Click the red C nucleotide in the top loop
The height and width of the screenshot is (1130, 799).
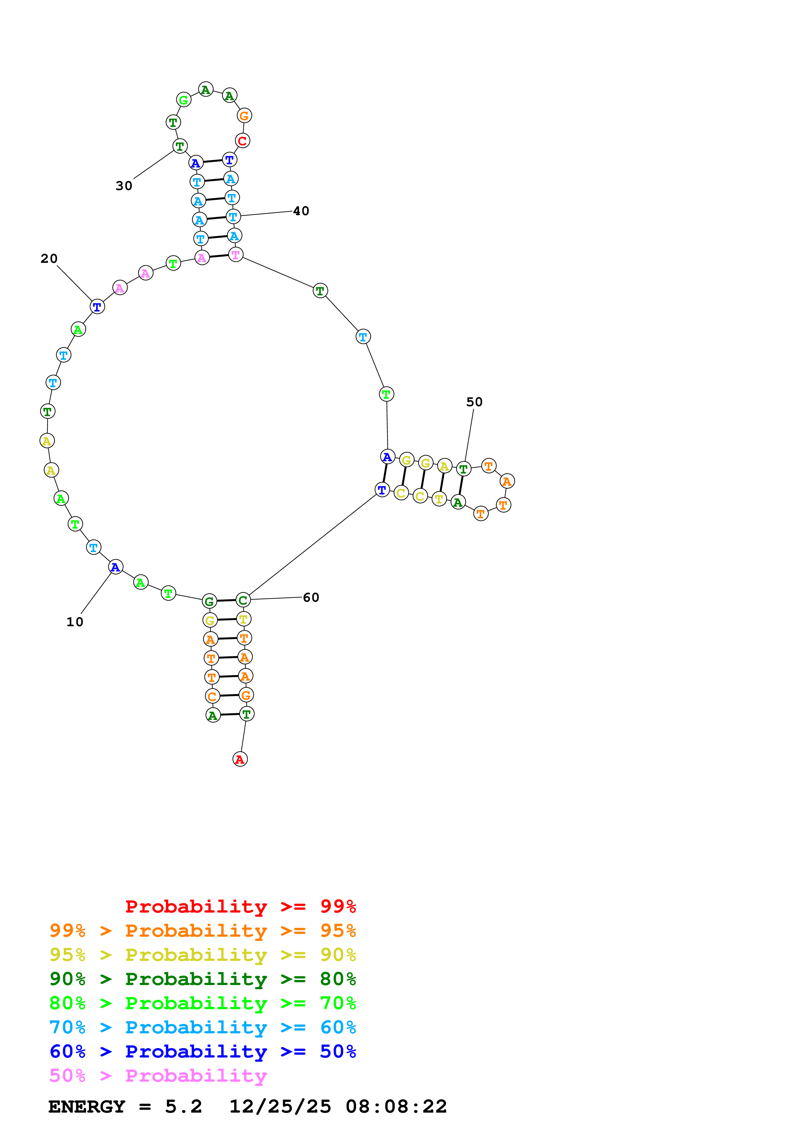click(242, 141)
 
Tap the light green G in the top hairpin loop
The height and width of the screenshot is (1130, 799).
click(184, 100)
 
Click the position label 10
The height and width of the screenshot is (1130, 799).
click(75, 622)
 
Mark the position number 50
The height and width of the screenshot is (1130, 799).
click(474, 402)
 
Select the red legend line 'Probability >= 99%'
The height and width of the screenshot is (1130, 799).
click(241, 906)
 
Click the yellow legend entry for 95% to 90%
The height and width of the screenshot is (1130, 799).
click(203, 955)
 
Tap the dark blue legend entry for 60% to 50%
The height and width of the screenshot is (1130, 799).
click(203, 1052)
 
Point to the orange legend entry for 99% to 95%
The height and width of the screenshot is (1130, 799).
click(203, 931)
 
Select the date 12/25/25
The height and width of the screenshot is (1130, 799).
click(280, 1107)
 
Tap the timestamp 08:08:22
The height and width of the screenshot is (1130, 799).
click(396, 1107)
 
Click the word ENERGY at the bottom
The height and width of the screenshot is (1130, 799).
click(87, 1107)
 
